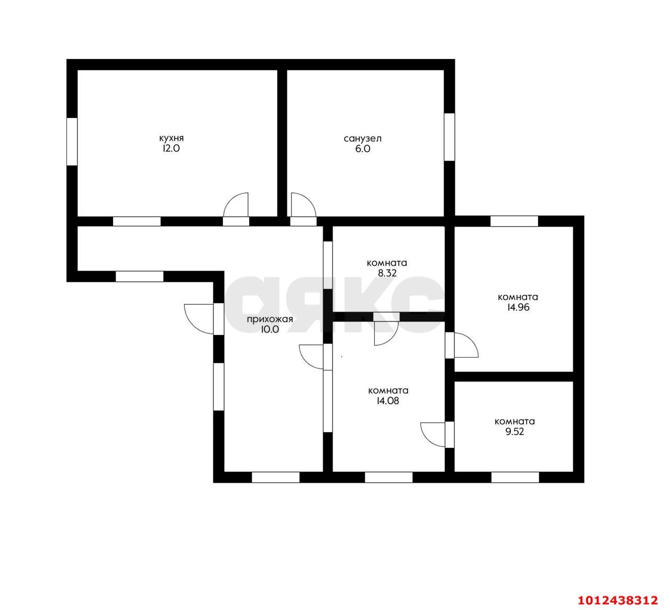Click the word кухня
171,139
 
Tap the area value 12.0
171,148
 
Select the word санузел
362,139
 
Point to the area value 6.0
362,149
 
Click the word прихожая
270,319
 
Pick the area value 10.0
270,329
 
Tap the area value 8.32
387,273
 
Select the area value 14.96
518,307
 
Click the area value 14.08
388,400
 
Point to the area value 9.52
515,432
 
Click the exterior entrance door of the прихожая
199,318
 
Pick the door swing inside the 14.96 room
467,345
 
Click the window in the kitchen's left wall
72,142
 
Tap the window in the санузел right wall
449,137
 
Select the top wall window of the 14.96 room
514,221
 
